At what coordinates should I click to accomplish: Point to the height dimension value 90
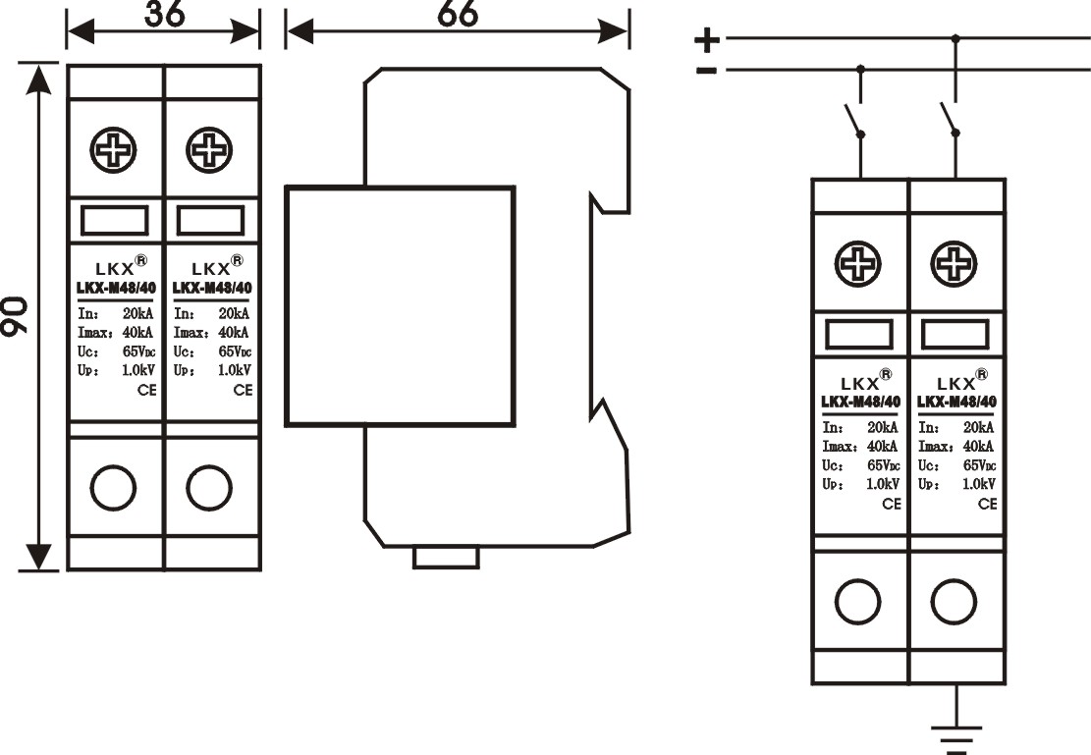[14, 317]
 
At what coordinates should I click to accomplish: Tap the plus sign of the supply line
[707, 39]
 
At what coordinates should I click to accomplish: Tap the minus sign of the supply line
[706, 70]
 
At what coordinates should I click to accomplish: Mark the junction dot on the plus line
[956, 39]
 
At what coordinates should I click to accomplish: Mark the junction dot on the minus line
[861, 70]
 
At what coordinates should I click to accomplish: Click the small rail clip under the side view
[446, 558]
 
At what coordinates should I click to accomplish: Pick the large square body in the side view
[400, 306]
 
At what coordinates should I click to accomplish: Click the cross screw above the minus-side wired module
[858, 263]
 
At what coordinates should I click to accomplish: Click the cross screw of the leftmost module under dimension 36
[114, 150]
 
